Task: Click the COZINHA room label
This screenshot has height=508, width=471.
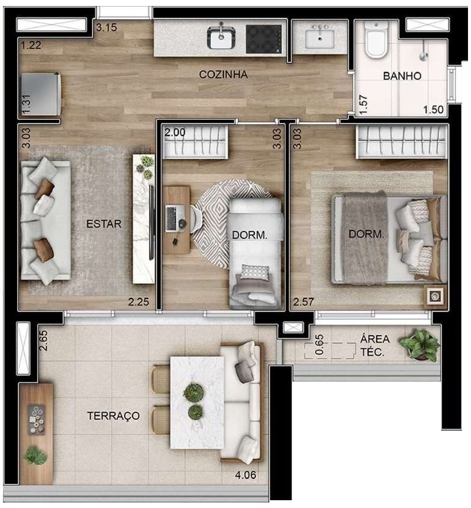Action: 223,74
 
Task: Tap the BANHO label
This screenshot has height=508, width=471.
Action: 403,76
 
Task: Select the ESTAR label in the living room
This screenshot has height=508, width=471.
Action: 104,224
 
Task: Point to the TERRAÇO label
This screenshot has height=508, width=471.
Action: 113,415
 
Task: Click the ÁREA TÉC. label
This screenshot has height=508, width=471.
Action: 375,346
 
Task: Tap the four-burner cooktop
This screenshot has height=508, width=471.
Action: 265,38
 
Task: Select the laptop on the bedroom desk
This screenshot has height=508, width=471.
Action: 174,214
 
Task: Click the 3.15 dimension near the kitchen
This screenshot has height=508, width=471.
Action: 107,26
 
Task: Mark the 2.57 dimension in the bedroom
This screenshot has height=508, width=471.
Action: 303,303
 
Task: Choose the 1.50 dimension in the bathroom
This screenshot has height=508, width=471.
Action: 434,109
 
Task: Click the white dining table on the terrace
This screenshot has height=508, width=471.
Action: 197,402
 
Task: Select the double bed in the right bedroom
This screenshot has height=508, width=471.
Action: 389,238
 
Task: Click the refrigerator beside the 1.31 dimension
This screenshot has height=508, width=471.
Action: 40,93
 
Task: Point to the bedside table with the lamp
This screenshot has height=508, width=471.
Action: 434,296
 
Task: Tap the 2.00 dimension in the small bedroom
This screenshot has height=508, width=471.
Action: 175,133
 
